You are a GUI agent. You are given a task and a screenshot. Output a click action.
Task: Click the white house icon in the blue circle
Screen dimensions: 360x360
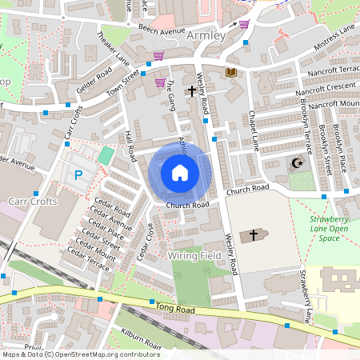pos(180,172)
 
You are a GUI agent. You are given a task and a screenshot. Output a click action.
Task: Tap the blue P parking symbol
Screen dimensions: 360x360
pos(78,174)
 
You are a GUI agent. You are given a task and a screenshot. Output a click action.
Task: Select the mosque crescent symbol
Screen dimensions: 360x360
pos(297,163)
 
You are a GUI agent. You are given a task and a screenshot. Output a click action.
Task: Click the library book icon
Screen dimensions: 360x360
pos(230,73)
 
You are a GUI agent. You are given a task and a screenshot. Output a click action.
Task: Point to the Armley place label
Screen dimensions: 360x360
pos(206,37)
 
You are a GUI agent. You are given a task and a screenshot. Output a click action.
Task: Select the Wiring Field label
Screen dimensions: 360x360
pos(194,255)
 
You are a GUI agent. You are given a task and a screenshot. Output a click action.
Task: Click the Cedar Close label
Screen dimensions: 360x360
pos(144,242)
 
